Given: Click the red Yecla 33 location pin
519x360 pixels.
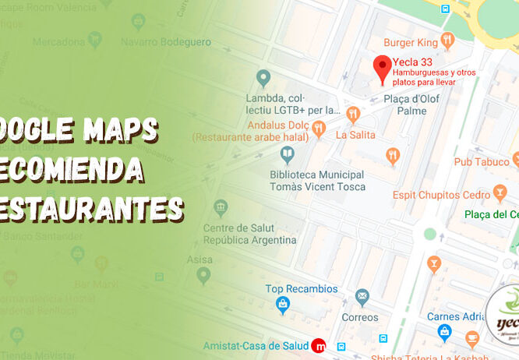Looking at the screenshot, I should [382, 68].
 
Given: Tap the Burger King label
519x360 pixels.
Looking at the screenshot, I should [410, 41].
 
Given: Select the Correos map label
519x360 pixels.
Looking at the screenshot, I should [360, 317].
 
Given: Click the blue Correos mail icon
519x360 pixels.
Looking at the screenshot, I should [362, 297].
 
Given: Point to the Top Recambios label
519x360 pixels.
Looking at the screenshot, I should [302, 288].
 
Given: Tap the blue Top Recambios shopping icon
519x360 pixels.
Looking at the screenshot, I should [283, 303].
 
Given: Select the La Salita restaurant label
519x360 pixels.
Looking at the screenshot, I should [355, 135].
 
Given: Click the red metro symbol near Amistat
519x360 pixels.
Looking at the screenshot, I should [318, 345].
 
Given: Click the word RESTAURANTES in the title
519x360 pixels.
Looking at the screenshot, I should [92, 209].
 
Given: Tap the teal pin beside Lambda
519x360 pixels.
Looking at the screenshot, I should [263, 78].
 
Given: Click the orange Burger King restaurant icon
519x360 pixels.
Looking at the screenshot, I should [447, 40].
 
